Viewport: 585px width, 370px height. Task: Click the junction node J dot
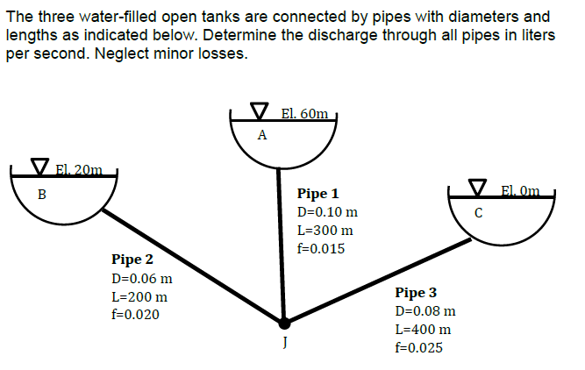pos(282,324)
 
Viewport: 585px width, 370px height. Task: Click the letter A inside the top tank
pos(261,135)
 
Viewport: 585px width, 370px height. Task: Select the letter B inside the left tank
pos(40,194)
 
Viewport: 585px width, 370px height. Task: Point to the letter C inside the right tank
pos(478,211)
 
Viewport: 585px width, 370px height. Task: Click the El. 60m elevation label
pos(305,113)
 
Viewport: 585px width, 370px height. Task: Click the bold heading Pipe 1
pos(317,194)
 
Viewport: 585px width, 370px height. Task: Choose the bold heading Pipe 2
pos(132,260)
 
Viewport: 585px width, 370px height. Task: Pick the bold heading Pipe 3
pos(416,293)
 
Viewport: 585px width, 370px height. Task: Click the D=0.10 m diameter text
pos(327,212)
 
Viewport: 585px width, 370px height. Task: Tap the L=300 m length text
pos(325,231)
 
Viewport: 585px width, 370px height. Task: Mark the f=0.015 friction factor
pos(321,249)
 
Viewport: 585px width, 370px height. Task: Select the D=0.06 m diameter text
pos(141,279)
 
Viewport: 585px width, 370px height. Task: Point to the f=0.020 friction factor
pos(135,315)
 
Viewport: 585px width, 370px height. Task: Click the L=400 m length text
pos(424,330)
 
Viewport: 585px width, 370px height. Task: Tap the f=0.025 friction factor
pos(419,348)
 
